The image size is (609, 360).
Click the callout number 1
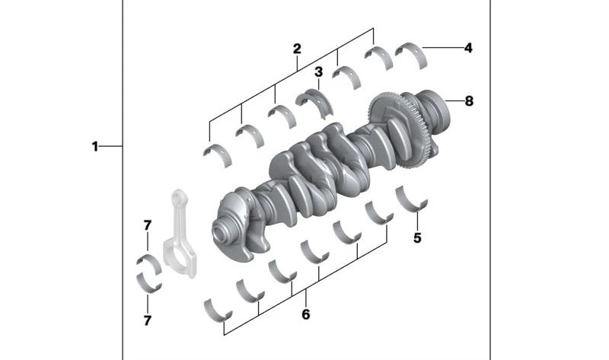click(x=95, y=146)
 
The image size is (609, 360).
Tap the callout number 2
click(x=297, y=49)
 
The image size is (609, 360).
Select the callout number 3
click(x=318, y=72)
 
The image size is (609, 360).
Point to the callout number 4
click(x=468, y=48)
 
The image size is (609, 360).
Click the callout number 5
click(x=417, y=238)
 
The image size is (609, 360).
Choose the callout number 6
click(x=306, y=314)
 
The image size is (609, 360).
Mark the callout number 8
click(x=468, y=100)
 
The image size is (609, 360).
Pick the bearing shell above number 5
click(x=412, y=199)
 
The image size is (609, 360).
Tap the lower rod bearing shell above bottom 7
click(x=148, y=282)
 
